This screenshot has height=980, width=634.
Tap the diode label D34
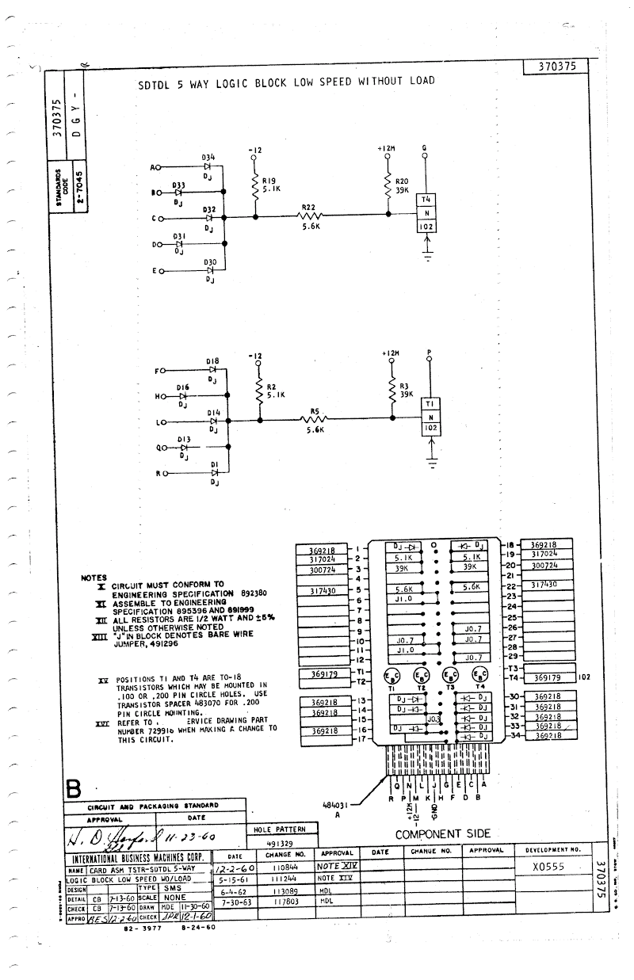click(208, 158)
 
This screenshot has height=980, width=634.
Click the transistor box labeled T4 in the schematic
click(426, 200)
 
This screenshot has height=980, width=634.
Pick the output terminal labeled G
click(425, 155)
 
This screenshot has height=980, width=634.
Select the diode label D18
click(212, 361)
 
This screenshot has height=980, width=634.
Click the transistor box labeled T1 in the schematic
click(431, 403)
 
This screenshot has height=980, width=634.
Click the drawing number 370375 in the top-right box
click(556, 68)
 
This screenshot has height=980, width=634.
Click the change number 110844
click(284, 868)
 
